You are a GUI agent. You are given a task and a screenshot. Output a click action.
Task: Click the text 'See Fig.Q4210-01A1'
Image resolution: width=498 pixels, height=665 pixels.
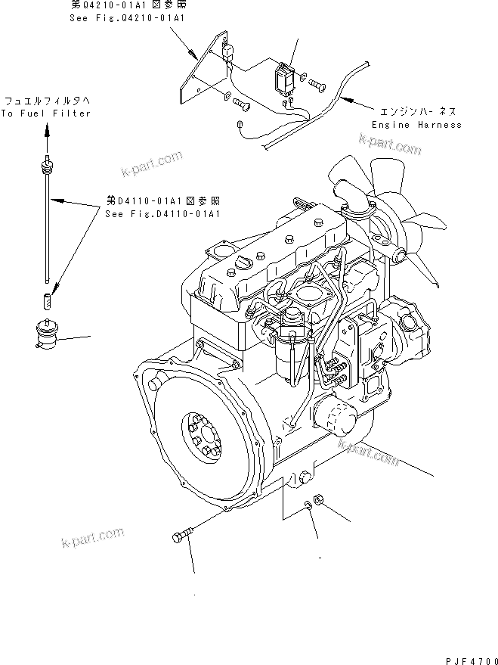click(x=127, y=18)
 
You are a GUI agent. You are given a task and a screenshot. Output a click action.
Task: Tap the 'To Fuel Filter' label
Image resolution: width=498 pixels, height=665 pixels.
click(x=46, y=113)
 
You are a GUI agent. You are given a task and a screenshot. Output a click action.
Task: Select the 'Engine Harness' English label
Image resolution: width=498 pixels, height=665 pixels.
click(x=416, y=125)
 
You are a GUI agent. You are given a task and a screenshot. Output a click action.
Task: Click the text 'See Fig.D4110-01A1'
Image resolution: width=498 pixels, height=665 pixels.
click(x=162, y=214)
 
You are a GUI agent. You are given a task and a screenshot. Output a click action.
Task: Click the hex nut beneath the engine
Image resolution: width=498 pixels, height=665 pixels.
click(x=319, y=499)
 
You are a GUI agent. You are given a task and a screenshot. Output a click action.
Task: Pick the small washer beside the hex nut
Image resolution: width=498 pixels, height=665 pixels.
click(x=308, y=505)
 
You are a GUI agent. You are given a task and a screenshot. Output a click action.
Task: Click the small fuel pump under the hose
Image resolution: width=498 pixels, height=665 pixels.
click(x=48, y=334)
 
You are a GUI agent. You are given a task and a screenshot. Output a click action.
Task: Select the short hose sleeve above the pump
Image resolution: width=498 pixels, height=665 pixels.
click(x=48, y=300)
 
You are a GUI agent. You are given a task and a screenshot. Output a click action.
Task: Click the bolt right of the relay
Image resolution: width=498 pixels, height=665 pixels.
click(x=317, y=85)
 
